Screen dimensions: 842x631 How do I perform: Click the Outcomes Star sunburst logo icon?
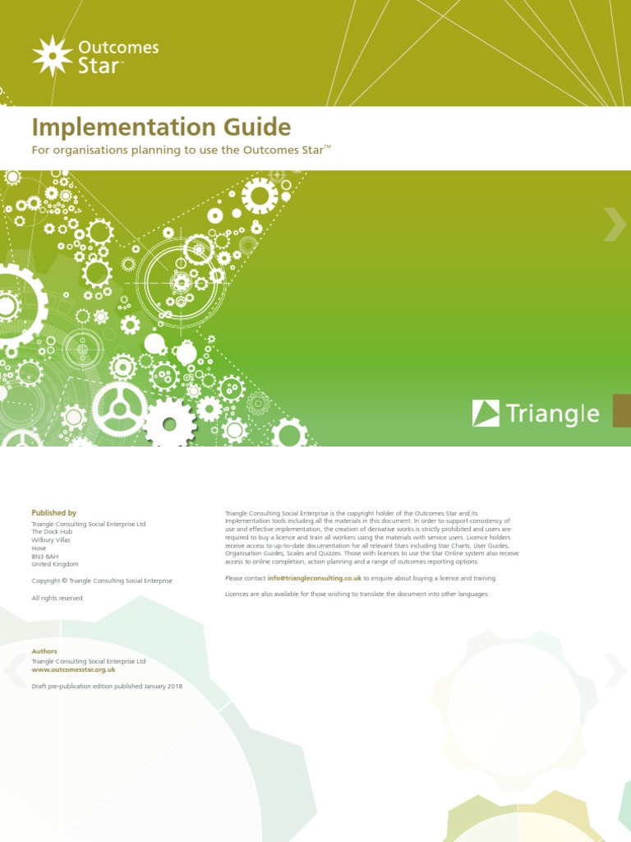[53, 55]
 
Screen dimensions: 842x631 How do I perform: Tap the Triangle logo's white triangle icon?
[486, 413]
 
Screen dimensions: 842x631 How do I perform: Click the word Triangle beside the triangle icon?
[552, 413]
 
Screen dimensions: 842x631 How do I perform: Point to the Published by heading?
[53, 512]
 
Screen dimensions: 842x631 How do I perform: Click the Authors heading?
[44, 651]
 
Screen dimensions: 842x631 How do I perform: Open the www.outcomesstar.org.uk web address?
[73, 670]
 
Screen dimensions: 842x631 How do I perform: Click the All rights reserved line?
[57, 598]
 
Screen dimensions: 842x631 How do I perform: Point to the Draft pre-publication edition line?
[107, 686]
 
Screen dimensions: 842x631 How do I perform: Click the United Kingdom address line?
[55, 564]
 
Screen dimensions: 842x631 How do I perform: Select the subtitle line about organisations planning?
[181, 150]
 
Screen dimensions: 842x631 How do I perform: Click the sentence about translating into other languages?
[357, 594]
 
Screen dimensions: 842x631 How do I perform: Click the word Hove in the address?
[39, 548]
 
